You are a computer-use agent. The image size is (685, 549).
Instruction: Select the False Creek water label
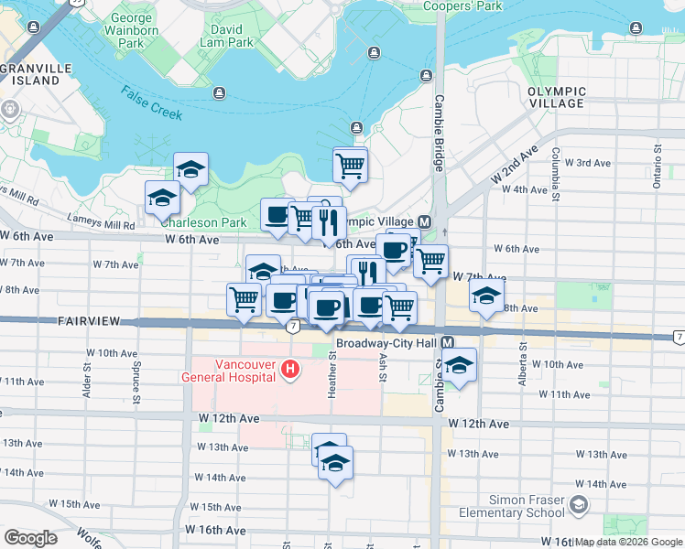click(150, 102)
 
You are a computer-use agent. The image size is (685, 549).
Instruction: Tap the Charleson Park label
click(203, 221)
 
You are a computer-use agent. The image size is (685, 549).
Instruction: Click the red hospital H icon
click(290, 370)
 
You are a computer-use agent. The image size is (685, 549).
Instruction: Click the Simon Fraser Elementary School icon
click(579, 504)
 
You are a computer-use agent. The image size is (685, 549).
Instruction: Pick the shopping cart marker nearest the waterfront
click(350, 166)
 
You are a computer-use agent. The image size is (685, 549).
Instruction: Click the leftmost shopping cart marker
click(244, 299)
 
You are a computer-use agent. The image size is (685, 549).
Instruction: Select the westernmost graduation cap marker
click(162, 198)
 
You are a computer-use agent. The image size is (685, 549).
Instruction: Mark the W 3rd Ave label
click(588, 163)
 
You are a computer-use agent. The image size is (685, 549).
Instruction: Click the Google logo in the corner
click(31, 538)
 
